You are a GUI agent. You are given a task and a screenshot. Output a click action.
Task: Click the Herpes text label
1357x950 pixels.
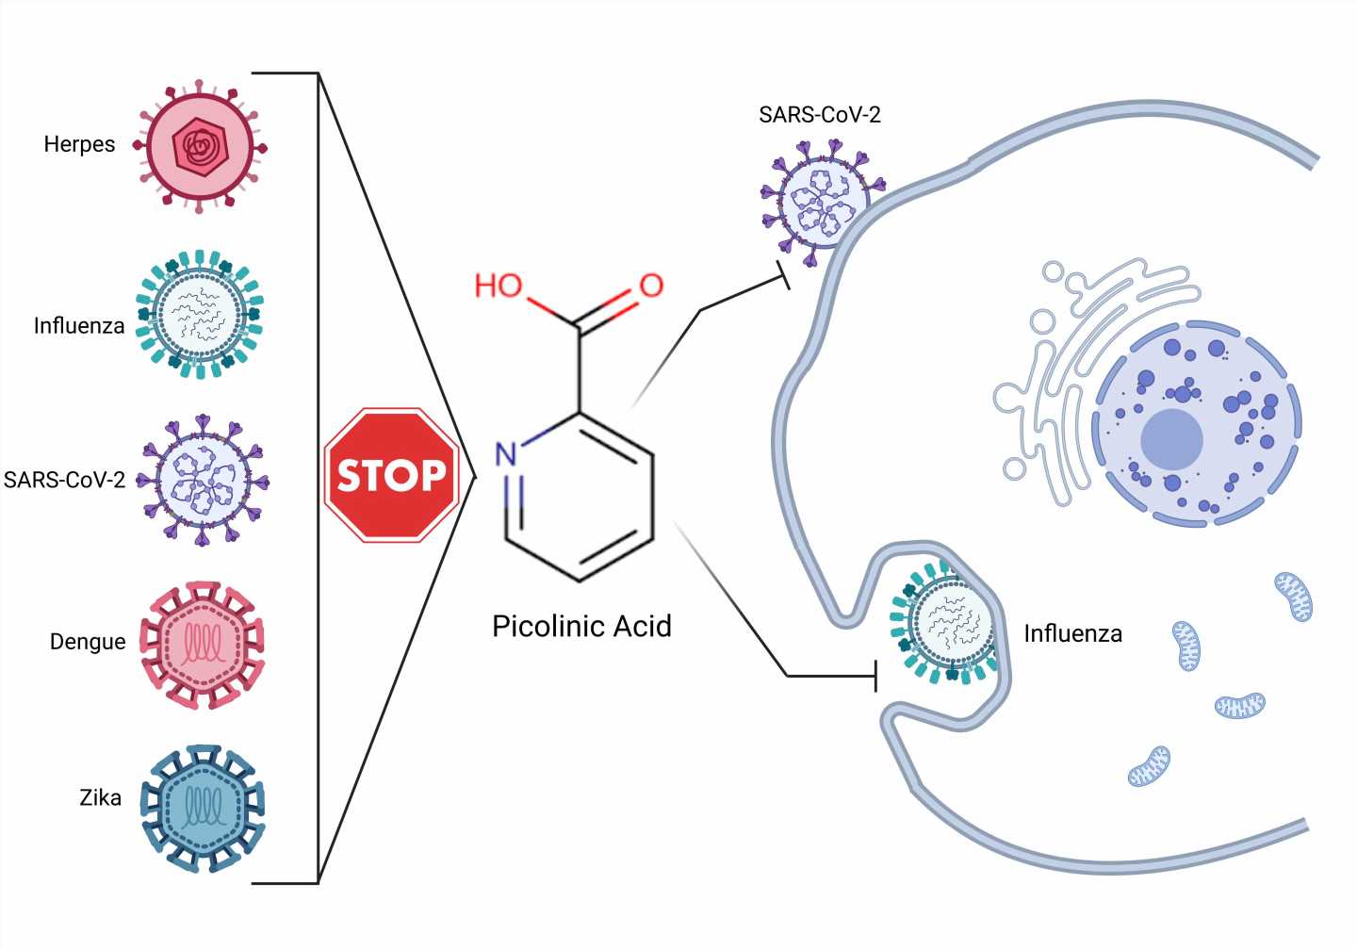pos(79,144)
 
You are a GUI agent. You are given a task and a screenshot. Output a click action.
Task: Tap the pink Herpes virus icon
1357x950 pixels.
pos(199,147)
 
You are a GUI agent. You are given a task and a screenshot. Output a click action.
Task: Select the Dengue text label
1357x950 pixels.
pos(88,642)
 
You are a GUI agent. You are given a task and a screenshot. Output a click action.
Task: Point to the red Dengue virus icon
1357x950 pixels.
pos(202,645)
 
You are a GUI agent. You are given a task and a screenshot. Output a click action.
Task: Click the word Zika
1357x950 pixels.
pos(100,798)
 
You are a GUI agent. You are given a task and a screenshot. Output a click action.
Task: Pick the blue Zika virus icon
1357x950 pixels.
pos(202,809)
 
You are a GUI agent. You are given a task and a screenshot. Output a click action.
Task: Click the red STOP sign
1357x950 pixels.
pos(392,475)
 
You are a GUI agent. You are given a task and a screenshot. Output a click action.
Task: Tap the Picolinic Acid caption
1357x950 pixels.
pos(581,627)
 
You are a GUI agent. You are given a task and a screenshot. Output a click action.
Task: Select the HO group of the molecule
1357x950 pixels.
pos(498,285)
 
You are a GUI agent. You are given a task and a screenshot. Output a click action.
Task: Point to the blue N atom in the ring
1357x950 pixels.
pos(507,454)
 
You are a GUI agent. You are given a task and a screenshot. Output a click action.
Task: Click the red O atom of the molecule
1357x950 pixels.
pos(651,286)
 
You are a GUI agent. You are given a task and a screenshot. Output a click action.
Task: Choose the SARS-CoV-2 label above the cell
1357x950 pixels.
pos(819,115)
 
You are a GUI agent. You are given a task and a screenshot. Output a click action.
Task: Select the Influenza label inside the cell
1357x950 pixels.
pos(1072,633)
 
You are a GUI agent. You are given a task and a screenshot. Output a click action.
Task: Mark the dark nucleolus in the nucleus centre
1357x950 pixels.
pos(1171,439)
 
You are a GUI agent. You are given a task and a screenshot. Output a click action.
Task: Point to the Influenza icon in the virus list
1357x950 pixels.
pos(199,314)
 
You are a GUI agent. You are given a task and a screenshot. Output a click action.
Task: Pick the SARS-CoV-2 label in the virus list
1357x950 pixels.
pos(64,480)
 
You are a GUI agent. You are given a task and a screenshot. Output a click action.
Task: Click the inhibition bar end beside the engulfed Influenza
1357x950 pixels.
pos(876,676)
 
